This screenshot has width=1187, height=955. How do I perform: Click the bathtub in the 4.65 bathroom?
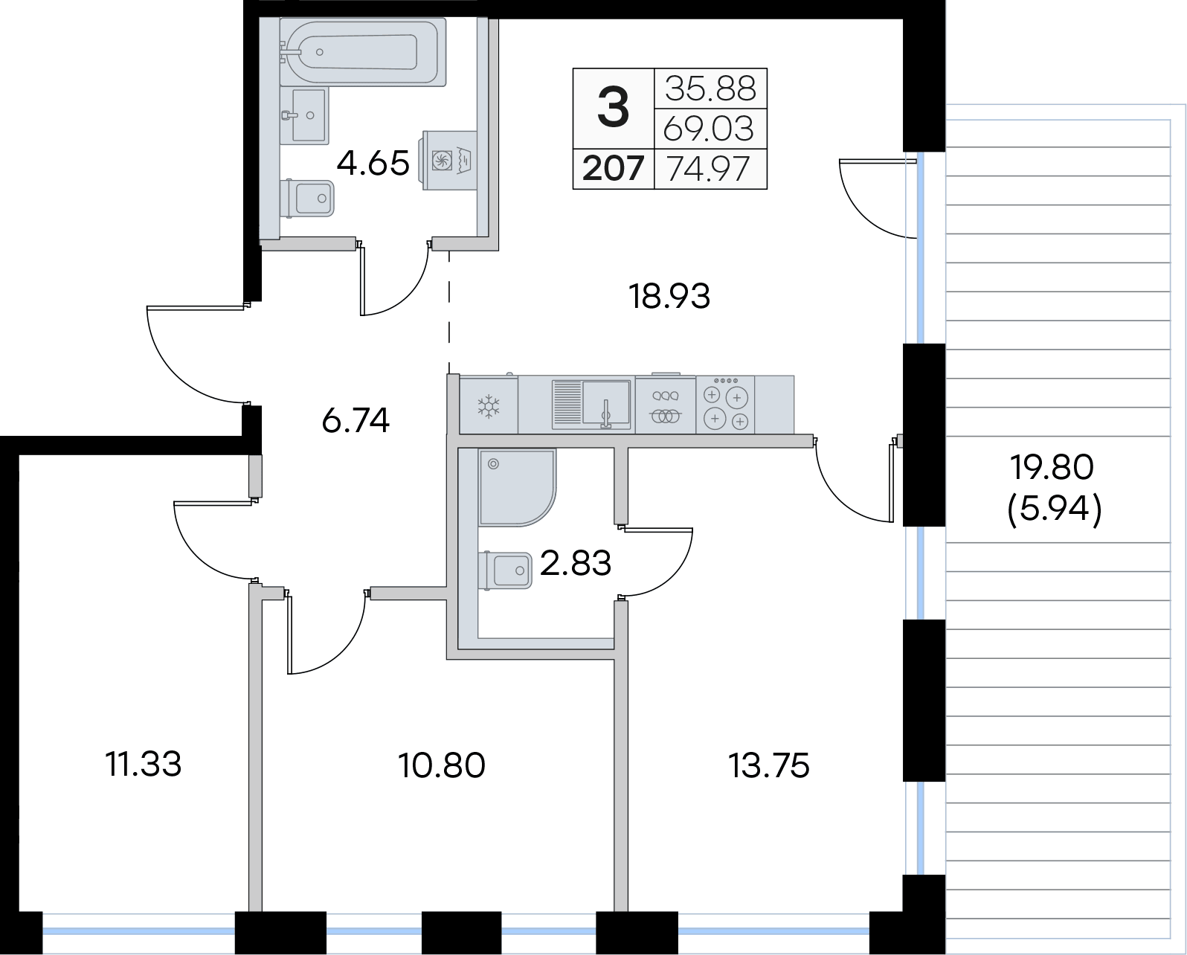tap(362, 52)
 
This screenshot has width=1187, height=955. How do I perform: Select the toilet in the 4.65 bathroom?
tap(306, 198)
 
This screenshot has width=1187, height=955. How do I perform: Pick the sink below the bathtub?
tap(304, 115)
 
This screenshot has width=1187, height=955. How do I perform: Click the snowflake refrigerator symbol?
tap(489, 406)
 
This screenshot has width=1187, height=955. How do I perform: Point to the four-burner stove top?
tap(725, 405)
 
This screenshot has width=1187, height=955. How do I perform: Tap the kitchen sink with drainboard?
tap(591, 405)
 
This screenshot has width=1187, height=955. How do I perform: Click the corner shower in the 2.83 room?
tap(518, 488)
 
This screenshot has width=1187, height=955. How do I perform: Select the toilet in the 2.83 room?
tap(505, 570)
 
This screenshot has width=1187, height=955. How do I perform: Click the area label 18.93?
tap(669, 296)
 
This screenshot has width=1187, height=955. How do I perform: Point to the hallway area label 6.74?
tap(356, 420)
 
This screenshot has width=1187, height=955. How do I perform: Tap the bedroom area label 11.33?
tap(143, 765)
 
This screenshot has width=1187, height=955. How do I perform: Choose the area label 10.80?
tap(441, 766)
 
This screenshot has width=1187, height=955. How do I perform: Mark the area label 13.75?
tap(769, 766)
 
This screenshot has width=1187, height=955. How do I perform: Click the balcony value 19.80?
tap(1052, 467)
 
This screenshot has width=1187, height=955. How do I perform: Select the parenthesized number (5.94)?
tap(1055, 509)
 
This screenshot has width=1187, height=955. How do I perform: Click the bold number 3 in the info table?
tap(614, 108)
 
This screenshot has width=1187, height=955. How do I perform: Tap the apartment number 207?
tap(614, 168)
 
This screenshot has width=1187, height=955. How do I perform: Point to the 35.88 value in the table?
tap(710, 89)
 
